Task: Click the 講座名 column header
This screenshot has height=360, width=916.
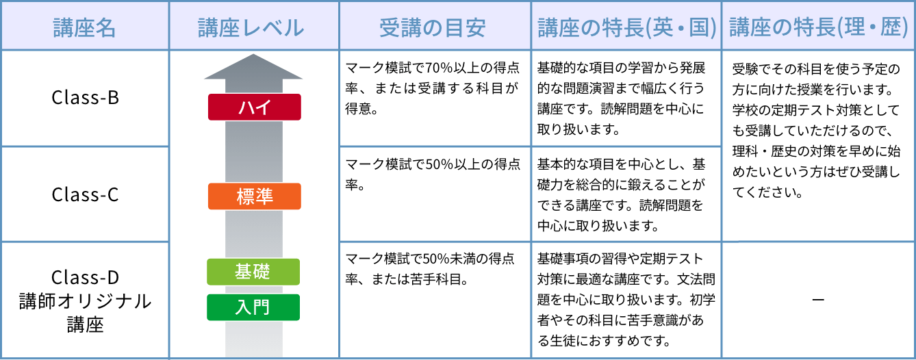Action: (x=85, y=28)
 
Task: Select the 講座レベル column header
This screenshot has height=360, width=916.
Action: (x=251, y=28)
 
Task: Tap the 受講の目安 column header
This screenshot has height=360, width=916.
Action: (x=432, y=28)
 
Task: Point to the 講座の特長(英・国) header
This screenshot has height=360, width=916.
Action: (x=627, y=28)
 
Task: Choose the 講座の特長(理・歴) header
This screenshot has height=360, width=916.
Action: (x=818, y=27)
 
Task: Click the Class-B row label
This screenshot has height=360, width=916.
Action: (x=85, y=98)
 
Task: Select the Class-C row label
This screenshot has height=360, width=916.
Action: (x=85, y=194)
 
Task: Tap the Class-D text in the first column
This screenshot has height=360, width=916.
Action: (x=85, y=277)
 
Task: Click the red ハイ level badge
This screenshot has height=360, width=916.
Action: (x=255, y=107)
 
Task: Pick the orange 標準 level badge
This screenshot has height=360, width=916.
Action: (x=255, y=196)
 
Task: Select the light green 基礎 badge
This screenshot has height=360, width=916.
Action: (x=253, y=272)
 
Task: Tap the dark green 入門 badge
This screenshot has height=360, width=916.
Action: (x=253, y=307)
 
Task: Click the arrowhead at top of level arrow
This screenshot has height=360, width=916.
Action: (x=253, y=66)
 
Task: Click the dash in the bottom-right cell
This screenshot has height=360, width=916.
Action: (x=818, y=300)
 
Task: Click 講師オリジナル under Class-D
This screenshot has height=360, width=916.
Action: (x=85, y=301)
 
